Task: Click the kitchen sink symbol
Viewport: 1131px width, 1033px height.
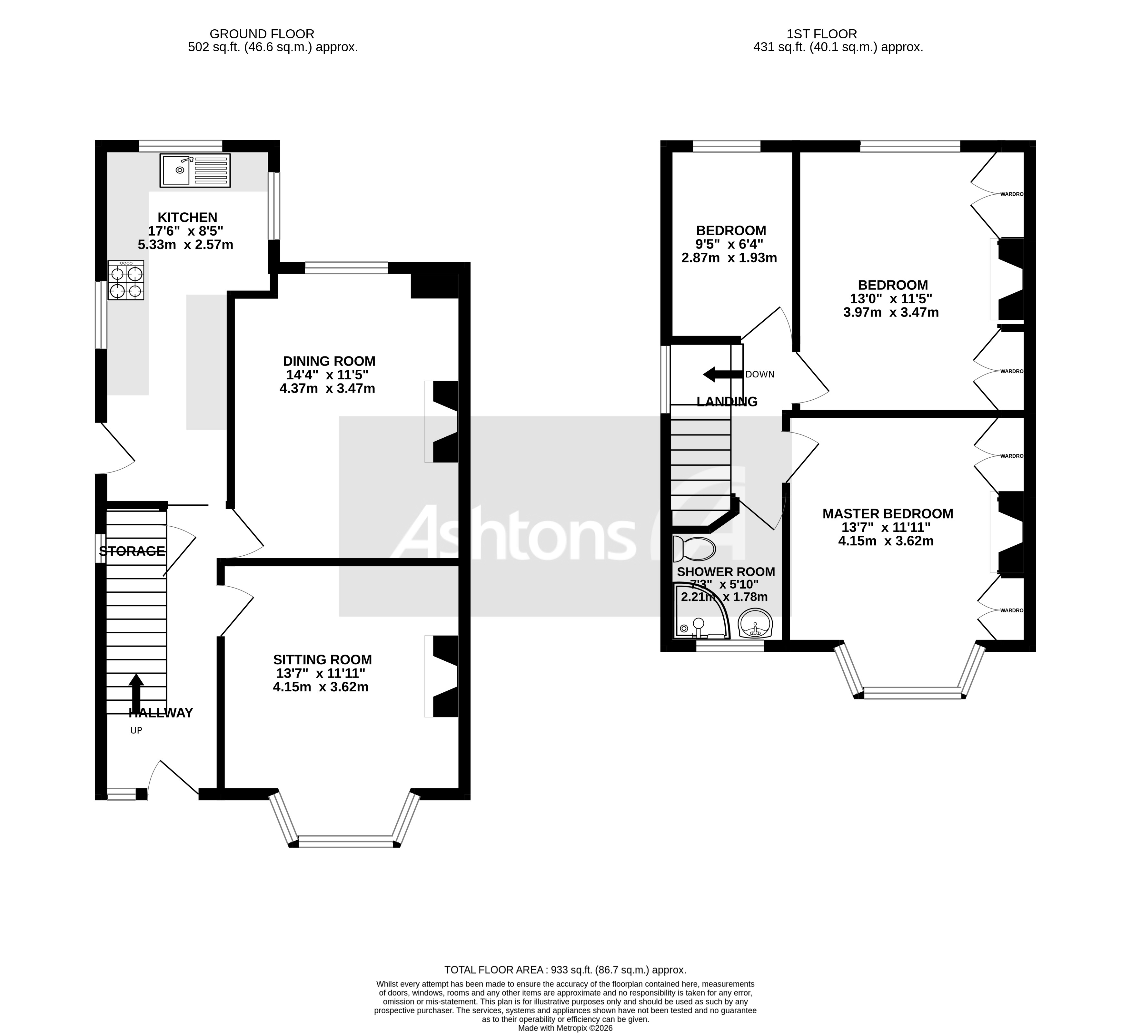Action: pos(195,170)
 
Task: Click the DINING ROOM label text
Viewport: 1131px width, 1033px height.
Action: pos(329,361)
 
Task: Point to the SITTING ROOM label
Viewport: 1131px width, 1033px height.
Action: pos(322,659)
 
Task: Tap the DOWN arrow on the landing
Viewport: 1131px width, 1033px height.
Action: pos(723,374)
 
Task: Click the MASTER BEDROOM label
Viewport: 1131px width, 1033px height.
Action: pos(888,514)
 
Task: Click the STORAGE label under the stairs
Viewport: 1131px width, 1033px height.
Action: pos(132,551)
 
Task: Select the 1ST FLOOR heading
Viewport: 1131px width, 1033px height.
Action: pos(838,34)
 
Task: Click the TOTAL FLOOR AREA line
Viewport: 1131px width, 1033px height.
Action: pos(565,970)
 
